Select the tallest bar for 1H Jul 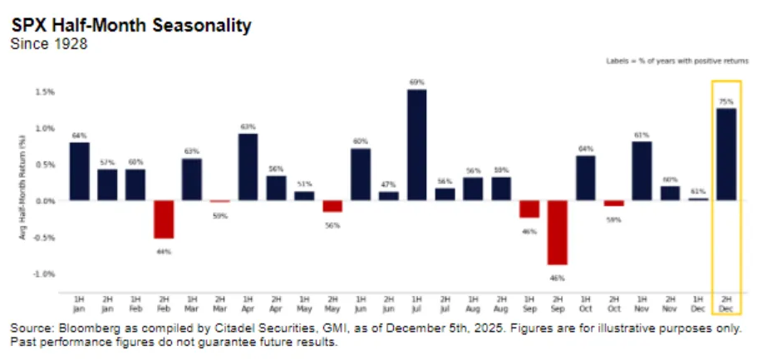coord(417,145)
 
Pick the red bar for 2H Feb coord(164,219)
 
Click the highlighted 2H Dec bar coord(727,155)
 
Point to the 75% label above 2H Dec coord(727,101)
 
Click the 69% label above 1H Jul coord(417,82)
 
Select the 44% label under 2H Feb coord(164,252)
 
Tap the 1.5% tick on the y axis coord(46,91)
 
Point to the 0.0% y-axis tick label coord(46,200)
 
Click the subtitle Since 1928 coord(48,44)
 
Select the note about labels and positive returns coord(677,61)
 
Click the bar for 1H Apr coord(248,167)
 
